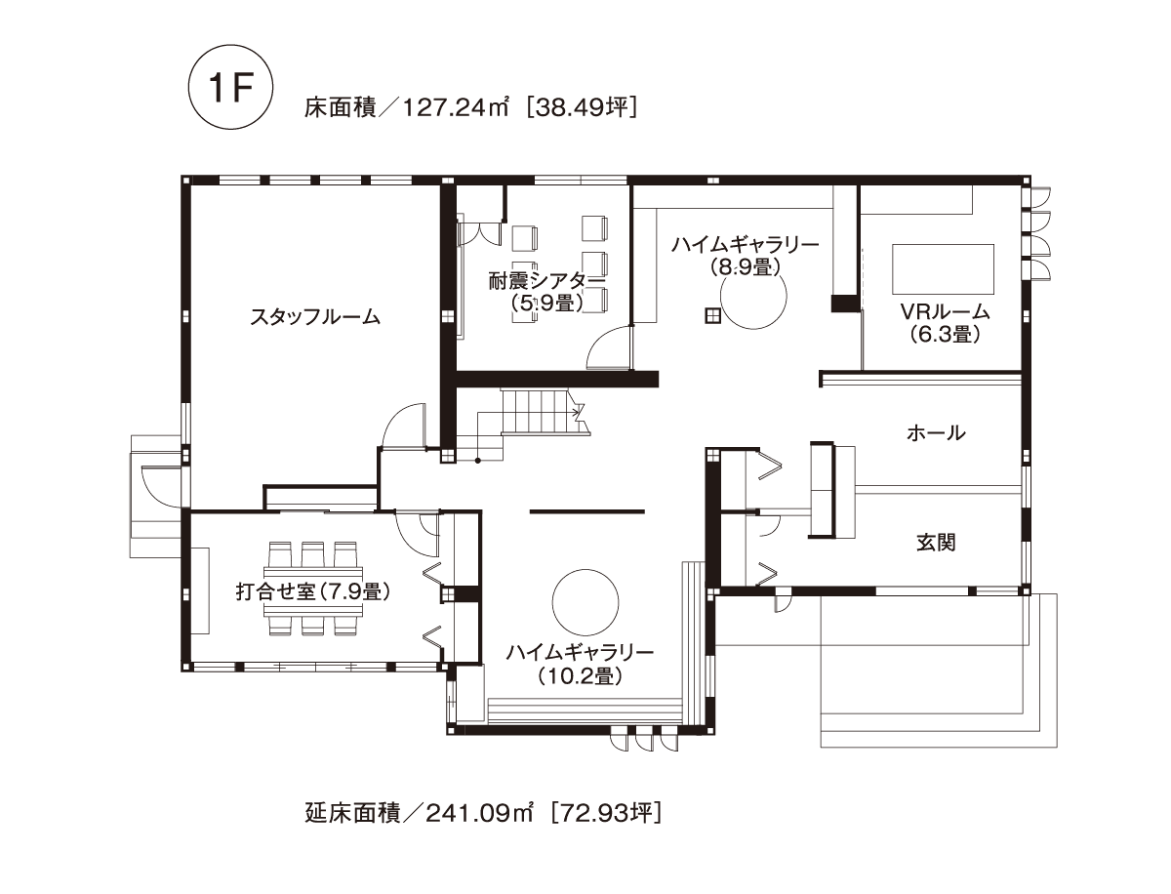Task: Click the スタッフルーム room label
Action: [315, 318]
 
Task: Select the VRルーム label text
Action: [946, 311]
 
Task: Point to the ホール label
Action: [936, 433]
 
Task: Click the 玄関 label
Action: [936, 543]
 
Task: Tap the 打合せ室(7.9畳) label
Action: [313, 591]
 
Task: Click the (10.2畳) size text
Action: [580, 676]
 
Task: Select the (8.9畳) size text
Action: [745, 266]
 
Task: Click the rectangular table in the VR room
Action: [944, 268]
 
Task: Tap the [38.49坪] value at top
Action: [582, 107]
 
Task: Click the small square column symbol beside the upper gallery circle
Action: [712, 316]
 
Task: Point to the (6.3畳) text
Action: [945, 335]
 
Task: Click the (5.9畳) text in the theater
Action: [546, 304]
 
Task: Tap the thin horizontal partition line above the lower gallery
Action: [587, 512]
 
